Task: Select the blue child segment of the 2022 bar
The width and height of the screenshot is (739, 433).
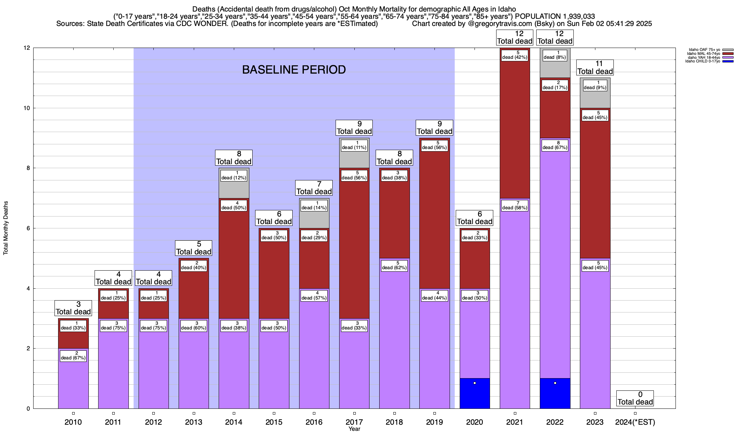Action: [x=555, y=397]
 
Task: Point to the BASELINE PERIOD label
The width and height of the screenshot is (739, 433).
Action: [x=294, y=70]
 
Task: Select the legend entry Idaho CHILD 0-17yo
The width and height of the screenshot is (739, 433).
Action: [x=704, y=61]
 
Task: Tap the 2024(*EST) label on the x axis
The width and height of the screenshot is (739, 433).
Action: [x=635, y=422]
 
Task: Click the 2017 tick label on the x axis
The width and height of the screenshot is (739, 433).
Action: [x=354, y=422]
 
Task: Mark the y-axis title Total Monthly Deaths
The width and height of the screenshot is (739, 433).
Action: [x=6, y=228]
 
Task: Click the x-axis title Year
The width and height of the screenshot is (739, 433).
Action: [x=354, y=429]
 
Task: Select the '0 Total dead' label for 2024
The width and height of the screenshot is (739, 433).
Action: [x=635, y=398]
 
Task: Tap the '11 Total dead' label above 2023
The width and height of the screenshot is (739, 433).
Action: [x=595, y=67]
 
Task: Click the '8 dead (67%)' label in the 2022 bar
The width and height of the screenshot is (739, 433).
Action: [x=555, y=145]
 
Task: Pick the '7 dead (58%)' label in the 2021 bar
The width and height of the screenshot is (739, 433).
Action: [x=515, y=205]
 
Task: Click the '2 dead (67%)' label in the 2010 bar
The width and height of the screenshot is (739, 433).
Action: [x=73, y=355]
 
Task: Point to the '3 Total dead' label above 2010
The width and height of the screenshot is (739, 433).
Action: [x=73, y=308]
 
